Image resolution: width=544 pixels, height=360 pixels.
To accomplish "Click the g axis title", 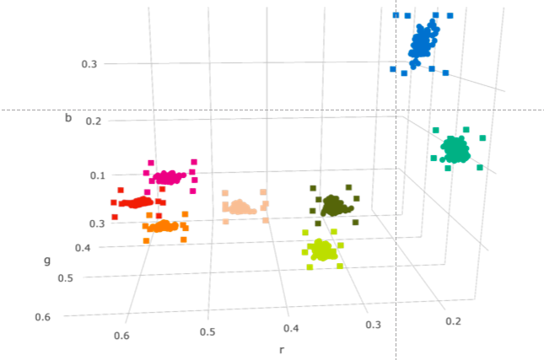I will point(47,260).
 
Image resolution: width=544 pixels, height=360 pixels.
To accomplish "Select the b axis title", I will point(68,118).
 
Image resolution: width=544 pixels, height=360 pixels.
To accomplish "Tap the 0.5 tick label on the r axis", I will point(207,331).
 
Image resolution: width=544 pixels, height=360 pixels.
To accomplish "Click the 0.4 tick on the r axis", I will point(290,328).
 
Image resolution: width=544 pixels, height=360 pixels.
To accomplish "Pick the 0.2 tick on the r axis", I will point(453,321).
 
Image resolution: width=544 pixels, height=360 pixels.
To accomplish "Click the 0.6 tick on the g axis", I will point(42,316).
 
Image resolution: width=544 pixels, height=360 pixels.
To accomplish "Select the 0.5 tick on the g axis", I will point(65,277).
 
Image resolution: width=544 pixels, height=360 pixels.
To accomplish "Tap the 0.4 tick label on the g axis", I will point(83,247).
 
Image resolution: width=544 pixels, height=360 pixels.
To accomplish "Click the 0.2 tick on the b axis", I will point(94,121).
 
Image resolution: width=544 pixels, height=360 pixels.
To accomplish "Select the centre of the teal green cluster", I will point(455,149).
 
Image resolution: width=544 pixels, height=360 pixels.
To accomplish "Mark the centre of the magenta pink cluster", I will point(170,177).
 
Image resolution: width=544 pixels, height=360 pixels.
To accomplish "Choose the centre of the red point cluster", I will point(137,202).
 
